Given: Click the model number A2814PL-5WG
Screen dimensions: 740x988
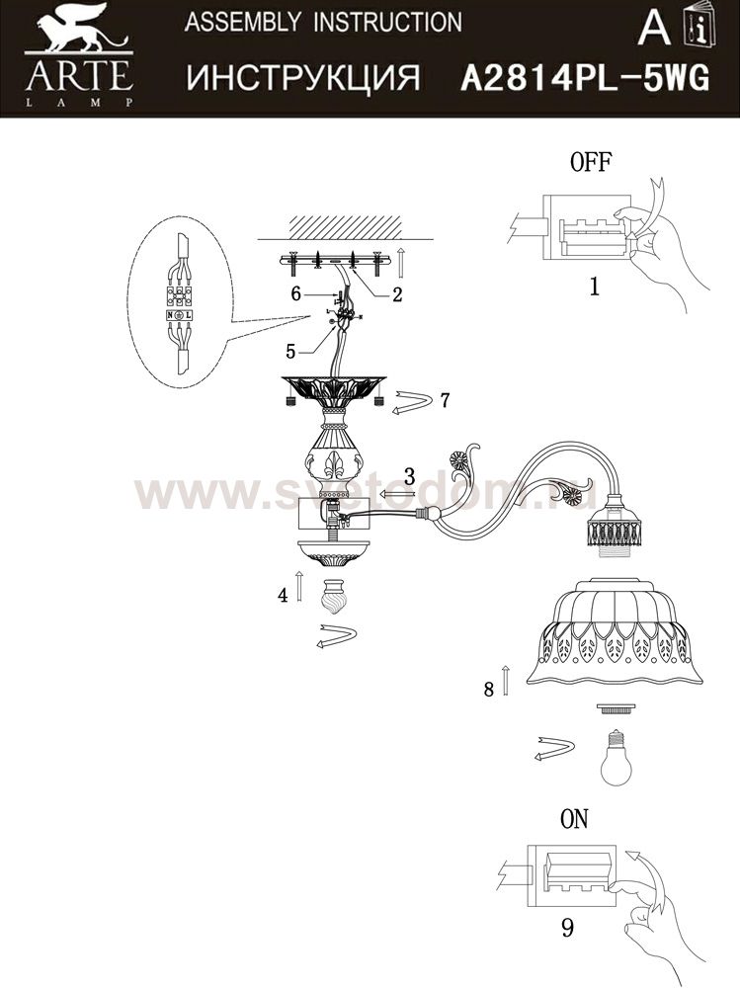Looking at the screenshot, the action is click(585, 79).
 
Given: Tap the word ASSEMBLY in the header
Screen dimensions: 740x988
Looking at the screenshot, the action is click(242, 24).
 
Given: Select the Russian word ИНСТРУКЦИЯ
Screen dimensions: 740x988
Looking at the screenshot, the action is click(303, 79).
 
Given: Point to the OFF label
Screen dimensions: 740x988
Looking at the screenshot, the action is click(591, 162).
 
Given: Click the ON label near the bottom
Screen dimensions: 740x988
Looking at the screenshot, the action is click(574, 819).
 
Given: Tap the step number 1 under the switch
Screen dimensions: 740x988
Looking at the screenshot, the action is click(594, 287).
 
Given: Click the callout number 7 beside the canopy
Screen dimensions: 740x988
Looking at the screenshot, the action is click(445, 399).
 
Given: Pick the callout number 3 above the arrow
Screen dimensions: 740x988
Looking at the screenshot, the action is click(410, 476).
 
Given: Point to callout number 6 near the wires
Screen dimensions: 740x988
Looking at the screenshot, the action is click(295, 293).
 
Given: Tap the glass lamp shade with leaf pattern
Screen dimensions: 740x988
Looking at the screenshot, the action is click(616, 632).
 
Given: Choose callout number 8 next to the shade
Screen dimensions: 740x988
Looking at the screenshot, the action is click(488, 690).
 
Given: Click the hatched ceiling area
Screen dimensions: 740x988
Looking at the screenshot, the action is click(345, 227).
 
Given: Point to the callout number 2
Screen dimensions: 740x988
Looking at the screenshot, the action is click(396, 294).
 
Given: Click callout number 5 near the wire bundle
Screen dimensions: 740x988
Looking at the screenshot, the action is click(289, 351).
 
